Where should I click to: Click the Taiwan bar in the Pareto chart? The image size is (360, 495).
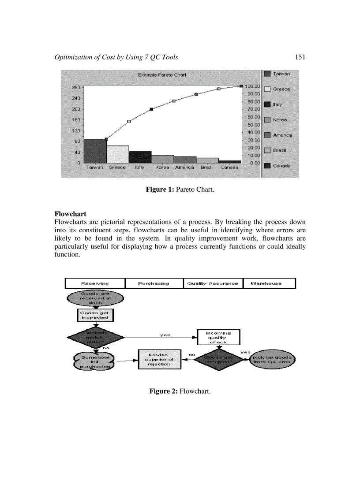pos(95,151)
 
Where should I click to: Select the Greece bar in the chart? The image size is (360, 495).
pos(117,154)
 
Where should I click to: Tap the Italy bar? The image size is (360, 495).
pos(140,157)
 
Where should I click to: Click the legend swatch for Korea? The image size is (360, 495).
pos(267,120)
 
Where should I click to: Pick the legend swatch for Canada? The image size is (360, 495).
pos(267,166)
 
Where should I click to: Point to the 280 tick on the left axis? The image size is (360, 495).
pos(76,87)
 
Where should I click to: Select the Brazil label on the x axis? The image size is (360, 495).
pos(207,167)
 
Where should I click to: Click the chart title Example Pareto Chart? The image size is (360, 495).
pos(162,75)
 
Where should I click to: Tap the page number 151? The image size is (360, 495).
pos(300,57)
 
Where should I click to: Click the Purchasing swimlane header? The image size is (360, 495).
pos(154,283)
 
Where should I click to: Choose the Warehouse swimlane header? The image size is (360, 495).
pos(266,283)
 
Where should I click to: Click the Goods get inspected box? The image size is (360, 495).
pos(94,315)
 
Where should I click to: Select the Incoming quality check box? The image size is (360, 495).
pos(218,338)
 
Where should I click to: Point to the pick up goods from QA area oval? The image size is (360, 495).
pos(272,359)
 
